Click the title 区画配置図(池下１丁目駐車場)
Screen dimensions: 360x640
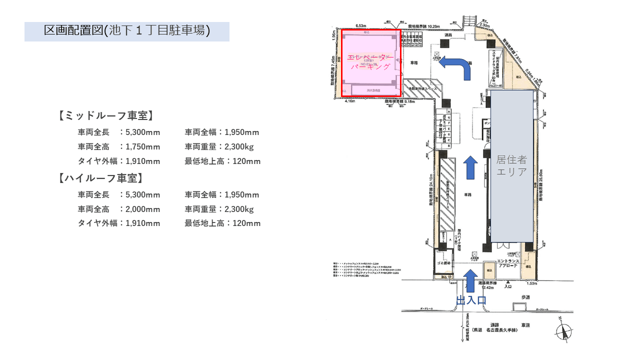pos(126,31)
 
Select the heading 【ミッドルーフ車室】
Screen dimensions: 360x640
pos(105,116)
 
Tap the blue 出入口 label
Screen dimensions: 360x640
pos(471,300)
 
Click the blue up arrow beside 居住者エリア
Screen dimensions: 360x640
pos(470,167)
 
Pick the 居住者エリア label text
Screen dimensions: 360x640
pos(511,166)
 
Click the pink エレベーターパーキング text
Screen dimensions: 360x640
pos(370,61)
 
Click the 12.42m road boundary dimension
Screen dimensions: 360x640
pos(487,287)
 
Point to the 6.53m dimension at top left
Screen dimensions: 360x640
pos(361,25)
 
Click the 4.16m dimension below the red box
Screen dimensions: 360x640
pos(350,101)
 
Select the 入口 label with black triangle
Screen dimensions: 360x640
pos(508,286)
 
